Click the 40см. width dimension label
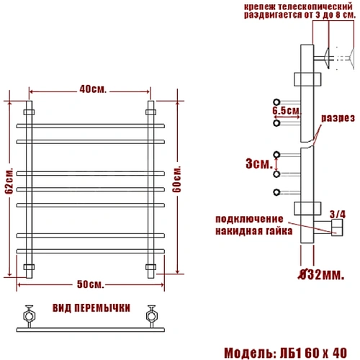pyautogui.click(x=93, y=89)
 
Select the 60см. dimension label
pyautogui.click(x=176, y=179)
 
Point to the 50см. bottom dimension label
pyautogui.click(x=91, y=284)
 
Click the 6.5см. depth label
pyautogui.click(x=287, y=111)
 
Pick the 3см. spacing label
pyautogui.click(x=259, y=163)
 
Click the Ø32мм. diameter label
pyautogui.click(x=321, y=274)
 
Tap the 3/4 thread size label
pyautogui.click(x=338, y=215)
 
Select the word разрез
pyautogui.click(x=338, y=118)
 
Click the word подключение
pyautogui.click(x=249, y=219)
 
